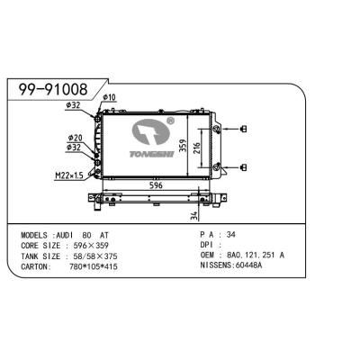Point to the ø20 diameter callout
coord(76,138)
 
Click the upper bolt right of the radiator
coord(242,132)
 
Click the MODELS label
coord(39,233)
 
